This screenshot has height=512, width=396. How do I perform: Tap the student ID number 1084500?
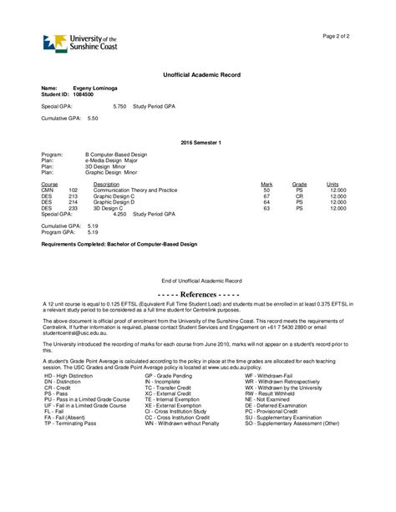(84, 94)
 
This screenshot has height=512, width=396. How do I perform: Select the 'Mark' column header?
(267, 184)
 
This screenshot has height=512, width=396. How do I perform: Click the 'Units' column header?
(333, 184)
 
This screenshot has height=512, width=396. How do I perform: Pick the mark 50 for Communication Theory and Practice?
(267, 190)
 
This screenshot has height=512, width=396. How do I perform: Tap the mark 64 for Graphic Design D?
(267, 201)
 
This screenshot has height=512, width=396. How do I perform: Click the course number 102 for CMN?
(74, 190)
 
